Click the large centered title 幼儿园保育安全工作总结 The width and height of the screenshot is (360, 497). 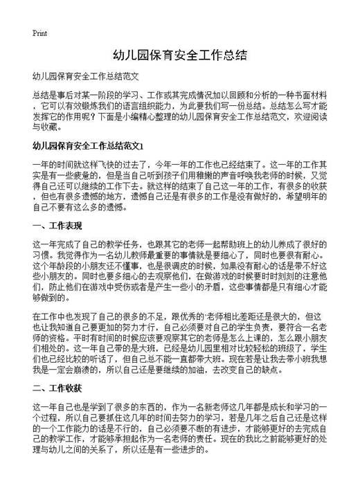click(180, 54)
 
